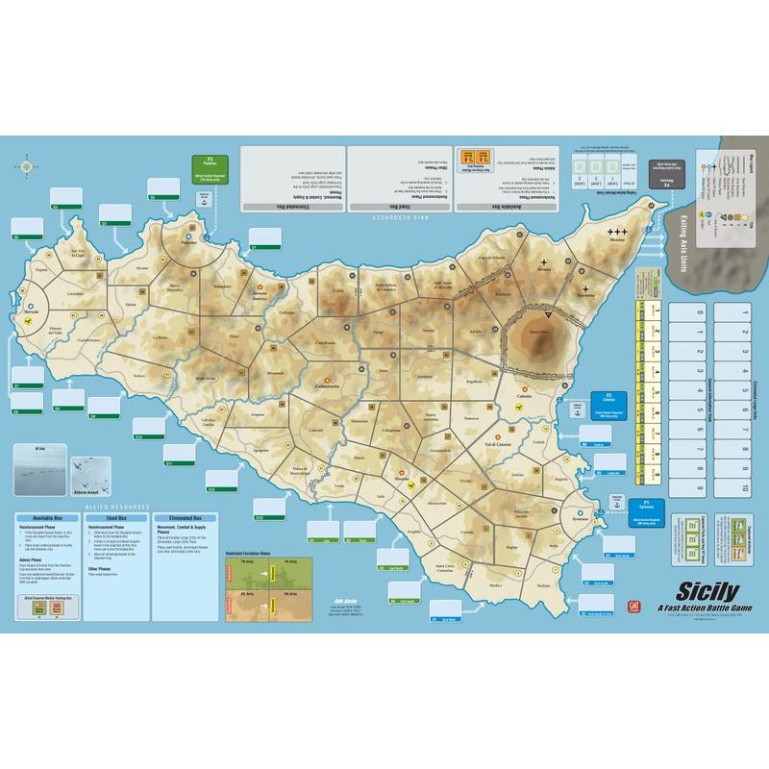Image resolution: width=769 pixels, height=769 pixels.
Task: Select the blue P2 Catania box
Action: tap(607, 400)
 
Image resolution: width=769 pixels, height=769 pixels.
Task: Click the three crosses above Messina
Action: tap(617, 233)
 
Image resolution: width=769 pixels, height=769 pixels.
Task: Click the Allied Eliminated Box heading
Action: tap(185, 517)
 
